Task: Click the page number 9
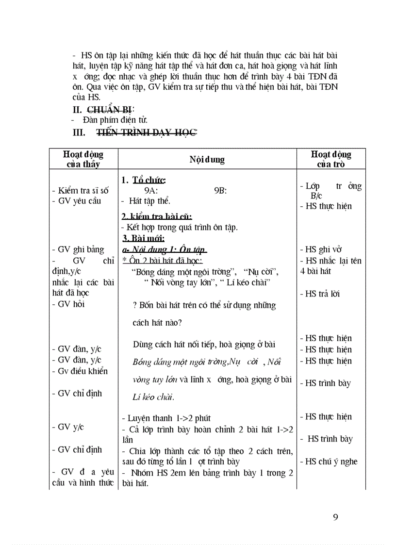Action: [335, 517]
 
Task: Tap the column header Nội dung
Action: [207, 159]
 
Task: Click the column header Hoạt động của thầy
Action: [83, 159]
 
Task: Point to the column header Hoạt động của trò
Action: [331, 159]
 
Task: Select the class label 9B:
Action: [220, 191]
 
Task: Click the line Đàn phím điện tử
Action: [115, 120]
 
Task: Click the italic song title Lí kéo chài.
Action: [153, 397]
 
